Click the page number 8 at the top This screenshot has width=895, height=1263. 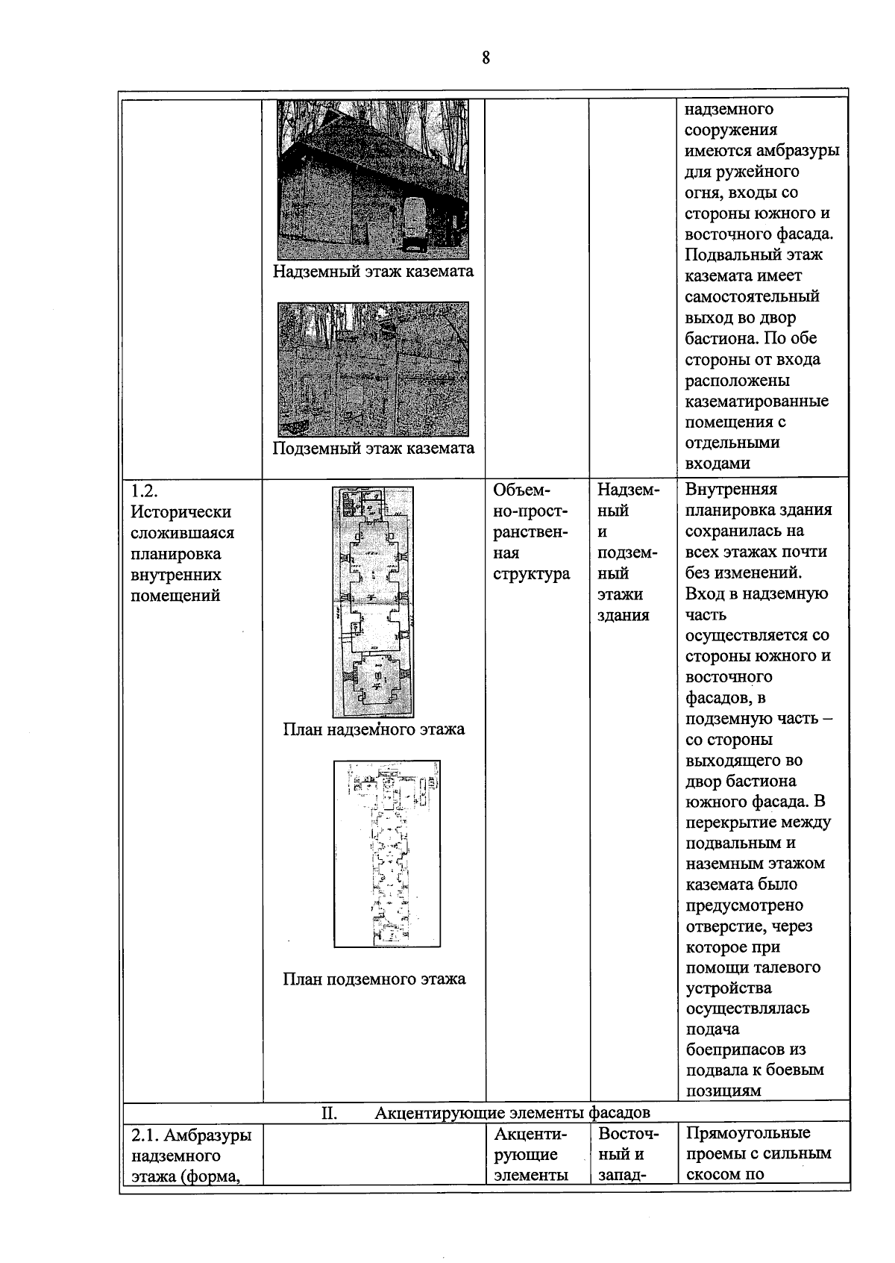486,57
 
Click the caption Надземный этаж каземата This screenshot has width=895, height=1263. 373,271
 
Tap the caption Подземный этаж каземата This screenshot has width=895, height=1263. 373,448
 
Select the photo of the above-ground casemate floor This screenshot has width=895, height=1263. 373,179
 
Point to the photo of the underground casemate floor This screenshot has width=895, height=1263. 373,369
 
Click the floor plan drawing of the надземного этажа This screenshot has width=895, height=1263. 373,602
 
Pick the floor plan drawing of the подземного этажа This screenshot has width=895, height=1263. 386,853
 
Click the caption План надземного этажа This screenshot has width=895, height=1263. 373,729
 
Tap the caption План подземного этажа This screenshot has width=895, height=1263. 374,979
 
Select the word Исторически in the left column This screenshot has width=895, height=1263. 181,512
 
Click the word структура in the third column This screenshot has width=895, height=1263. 531,574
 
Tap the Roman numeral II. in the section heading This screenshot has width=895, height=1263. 329,1114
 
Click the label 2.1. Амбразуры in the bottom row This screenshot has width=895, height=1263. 191,1135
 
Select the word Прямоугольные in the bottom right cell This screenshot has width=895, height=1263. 747,1132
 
